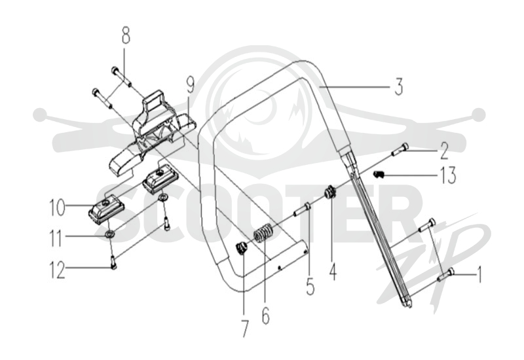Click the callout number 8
coord(126,35)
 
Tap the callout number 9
coord(190,85)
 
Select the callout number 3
coord(398,86)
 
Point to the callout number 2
coord(444,151)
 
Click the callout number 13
coord(447,175)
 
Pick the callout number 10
coord(57,207)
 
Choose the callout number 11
coord(56,239)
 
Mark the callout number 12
coord(57,270)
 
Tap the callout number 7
coord(245,329)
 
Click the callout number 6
coord(266,315)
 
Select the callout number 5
coord(310,286)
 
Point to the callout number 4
coord(333,272)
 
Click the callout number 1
coord(479,274)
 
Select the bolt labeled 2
coord(400,149)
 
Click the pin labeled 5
coord(302,209)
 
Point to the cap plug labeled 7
coord(241,249)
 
